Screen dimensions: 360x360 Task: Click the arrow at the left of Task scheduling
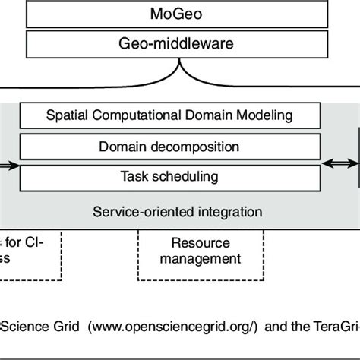(x=8, y=162)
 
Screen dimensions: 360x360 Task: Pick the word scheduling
(x=190, y=177)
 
